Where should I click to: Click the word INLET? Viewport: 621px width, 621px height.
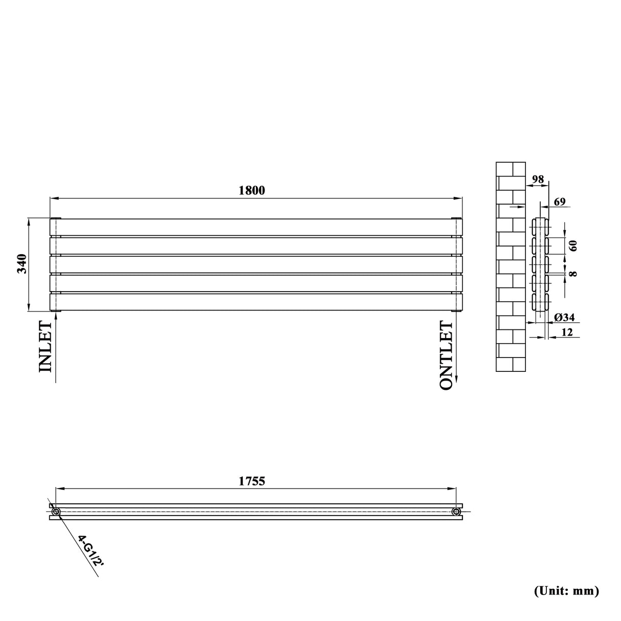45,346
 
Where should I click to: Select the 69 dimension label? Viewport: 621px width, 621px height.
559,202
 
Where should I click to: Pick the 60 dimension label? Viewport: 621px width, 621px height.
573,246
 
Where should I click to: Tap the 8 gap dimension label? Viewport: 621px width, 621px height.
573,274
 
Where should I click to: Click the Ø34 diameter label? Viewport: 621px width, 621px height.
564,318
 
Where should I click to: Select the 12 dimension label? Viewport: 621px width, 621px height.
566,333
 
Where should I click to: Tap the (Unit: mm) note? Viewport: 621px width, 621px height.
566,591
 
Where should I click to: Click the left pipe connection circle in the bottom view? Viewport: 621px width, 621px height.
56,512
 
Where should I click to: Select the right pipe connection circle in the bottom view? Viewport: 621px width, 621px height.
456,512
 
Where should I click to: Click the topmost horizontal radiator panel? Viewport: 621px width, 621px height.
256,227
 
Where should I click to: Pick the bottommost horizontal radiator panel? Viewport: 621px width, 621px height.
256,302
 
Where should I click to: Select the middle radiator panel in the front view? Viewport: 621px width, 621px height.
256,264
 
